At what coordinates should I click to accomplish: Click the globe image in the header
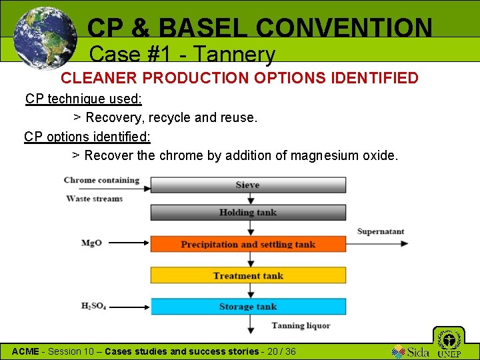[x=45, y=37]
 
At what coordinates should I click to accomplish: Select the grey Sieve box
[x=248, y=185]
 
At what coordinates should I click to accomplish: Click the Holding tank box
[x=248, y=213]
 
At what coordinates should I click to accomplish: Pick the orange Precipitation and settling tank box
[x=248, y=244]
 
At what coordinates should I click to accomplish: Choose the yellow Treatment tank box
[x=248, y=275]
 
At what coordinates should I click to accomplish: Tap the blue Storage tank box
[x=248, y=307]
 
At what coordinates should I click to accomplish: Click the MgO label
[x=91, y=243]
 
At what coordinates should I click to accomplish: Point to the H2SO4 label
[x=93, y=306]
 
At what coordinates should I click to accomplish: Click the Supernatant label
[x=381, y=231]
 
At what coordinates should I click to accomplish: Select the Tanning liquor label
[x=301, y=326]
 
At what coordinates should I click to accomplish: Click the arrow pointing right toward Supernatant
[x=377, y=244]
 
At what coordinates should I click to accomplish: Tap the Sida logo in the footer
[x=410, y=351]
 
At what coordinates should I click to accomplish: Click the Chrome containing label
[x=101, y=180]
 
